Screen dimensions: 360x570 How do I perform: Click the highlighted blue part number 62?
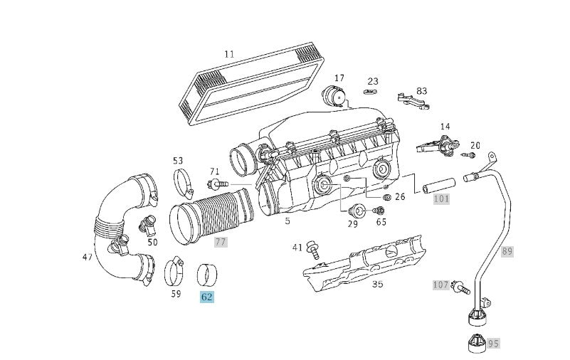[206, 297]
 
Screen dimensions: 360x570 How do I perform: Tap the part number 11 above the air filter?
[228, 53]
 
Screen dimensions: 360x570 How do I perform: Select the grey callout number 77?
[220, 242]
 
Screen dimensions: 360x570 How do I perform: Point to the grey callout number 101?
[441, 198]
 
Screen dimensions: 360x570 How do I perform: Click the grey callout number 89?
[507, 251]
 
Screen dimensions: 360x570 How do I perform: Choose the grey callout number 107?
[441, 285]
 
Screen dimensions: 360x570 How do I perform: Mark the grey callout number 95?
[493, 343]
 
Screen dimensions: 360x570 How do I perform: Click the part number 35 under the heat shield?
[377, 284]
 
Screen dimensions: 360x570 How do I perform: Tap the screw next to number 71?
[218, 186]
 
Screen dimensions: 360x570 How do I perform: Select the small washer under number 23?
[370, 92]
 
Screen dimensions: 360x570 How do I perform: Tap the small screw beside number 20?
[468, 154]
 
